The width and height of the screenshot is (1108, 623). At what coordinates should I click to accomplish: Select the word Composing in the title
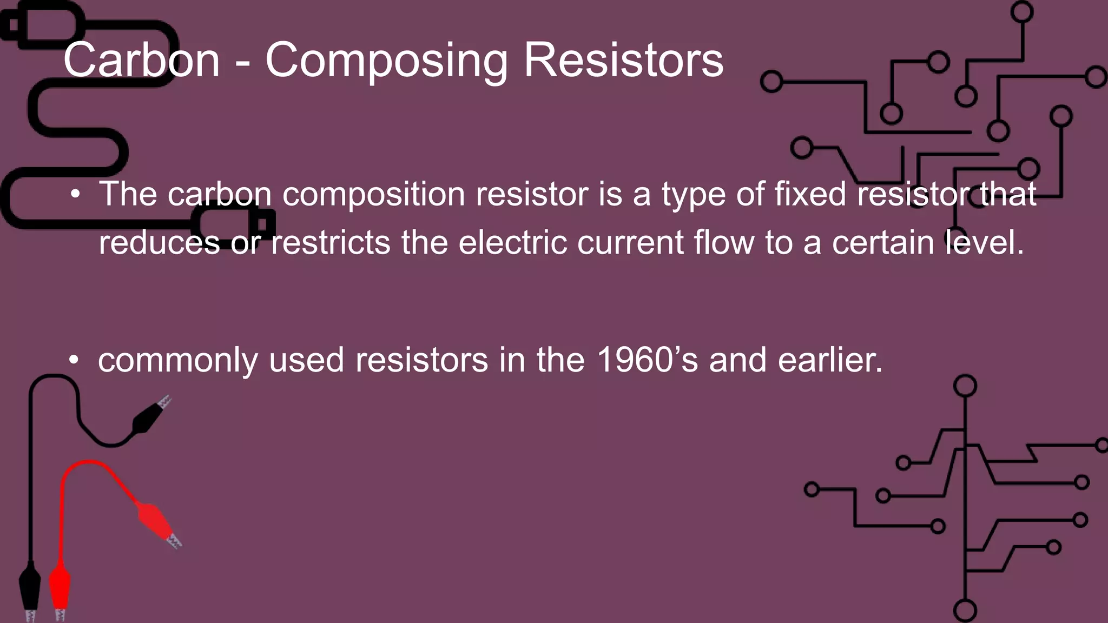tap(386, 61)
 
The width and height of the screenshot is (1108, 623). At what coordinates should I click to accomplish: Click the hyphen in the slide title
tap(243, 64)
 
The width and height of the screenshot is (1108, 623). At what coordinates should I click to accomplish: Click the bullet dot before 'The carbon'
tap(75, 194)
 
